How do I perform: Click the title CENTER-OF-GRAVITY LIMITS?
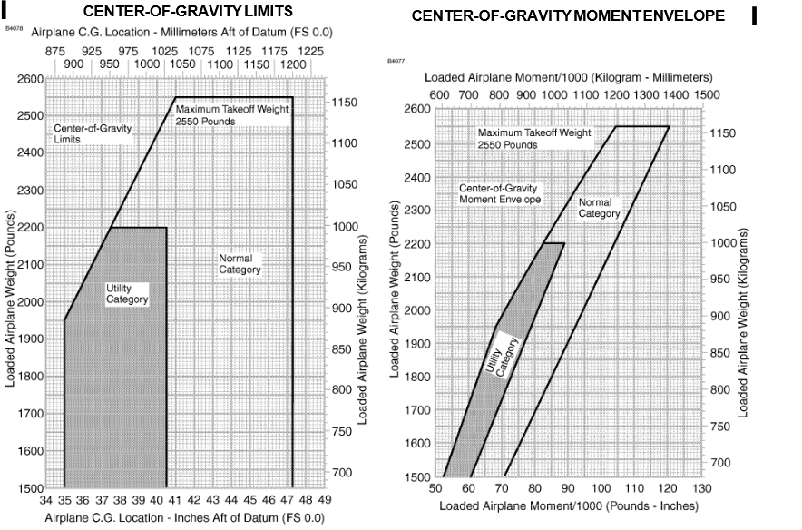pos(188,12)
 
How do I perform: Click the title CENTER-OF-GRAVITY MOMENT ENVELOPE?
pos(568,16)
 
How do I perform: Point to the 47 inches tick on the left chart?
pos(292,500)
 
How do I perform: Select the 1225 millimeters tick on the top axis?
pos(310,53)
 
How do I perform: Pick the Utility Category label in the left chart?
pos(127,293)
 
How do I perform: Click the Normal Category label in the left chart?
pos(240,264)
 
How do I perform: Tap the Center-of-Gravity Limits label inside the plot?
pos(92,133)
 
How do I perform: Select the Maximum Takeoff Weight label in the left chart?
pos(232,114)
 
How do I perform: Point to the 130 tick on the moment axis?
pos(695,490)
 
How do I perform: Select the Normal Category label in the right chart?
pos(599,208)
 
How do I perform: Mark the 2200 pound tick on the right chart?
pos(416,243)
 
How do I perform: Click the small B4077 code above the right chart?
pos(395,61)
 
